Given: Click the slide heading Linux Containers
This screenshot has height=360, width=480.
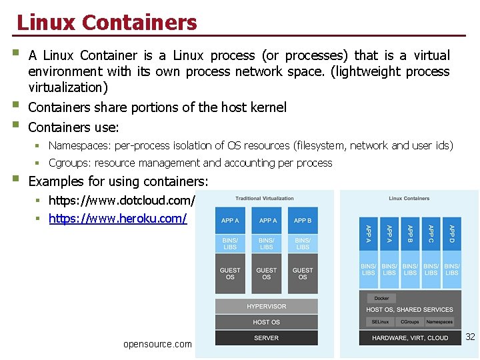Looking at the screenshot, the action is (x=107, y=23).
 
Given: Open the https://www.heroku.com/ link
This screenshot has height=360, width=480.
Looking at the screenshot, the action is (x=117, y=218).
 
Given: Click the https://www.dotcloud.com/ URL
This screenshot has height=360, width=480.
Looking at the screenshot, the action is (x=121, y=200).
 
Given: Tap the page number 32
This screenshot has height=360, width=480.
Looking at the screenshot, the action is (x=470, y=337).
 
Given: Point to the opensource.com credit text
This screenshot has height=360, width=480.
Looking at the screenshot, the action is (x=157, y=344).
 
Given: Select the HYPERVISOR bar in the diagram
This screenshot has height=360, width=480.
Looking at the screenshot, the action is (x=266, y=307).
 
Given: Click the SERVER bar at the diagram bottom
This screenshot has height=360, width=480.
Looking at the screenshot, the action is (x=266, y=338).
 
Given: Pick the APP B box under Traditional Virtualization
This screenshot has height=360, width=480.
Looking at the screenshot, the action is (x=303, y=221).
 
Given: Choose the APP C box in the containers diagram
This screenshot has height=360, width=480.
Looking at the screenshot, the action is (x=431, y=234).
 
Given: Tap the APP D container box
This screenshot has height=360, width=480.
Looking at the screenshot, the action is (x=452, y=234).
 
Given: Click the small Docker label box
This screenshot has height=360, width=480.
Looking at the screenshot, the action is (x=381, y=298).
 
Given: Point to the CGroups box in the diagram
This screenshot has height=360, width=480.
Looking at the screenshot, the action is (x=410, y=322).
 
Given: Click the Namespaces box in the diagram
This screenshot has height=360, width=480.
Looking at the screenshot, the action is (x=440, y=322).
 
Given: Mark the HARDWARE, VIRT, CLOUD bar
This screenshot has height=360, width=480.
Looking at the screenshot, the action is (x=409, y=338).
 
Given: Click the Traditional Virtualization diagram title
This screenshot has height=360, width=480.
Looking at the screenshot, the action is (x=265, y=198).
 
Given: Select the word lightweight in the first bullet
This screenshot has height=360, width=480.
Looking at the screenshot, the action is (x=361, y=71).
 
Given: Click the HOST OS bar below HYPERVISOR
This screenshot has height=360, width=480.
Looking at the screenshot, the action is (x=266, y=322).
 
